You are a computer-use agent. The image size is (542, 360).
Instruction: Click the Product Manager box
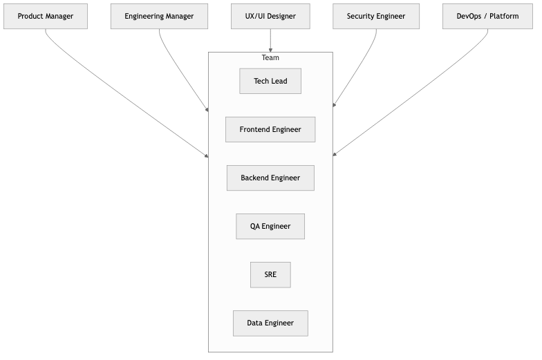(46, 17)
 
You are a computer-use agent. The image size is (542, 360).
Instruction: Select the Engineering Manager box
(159, 17)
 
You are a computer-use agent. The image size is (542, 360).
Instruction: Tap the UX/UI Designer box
(270, 17)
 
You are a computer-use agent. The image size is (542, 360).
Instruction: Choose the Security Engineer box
(376, 17)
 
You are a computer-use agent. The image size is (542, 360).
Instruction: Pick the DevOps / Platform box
(487, 17)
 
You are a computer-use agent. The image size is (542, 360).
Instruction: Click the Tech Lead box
(270, 81)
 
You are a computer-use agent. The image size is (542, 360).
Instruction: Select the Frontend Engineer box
(270, 129)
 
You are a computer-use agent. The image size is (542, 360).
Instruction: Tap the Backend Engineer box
(270, 178)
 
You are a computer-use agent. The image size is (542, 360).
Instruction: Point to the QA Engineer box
(270, 226)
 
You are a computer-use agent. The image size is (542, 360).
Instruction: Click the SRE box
(270, 274)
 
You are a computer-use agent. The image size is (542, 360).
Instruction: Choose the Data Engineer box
(270, 323)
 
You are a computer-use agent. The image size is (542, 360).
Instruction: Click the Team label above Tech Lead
(270, 58)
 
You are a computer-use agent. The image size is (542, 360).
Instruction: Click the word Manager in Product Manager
(59, 17)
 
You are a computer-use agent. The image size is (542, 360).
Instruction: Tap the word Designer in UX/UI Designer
(281, 17)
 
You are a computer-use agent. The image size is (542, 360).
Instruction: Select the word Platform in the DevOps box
(504, 17)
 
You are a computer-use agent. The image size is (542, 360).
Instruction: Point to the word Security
(361, 17)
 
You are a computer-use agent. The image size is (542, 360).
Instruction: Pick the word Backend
(255, 178)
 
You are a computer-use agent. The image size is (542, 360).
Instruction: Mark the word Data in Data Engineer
(254, 323)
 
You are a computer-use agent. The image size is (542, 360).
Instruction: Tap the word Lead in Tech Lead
(279, 81)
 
